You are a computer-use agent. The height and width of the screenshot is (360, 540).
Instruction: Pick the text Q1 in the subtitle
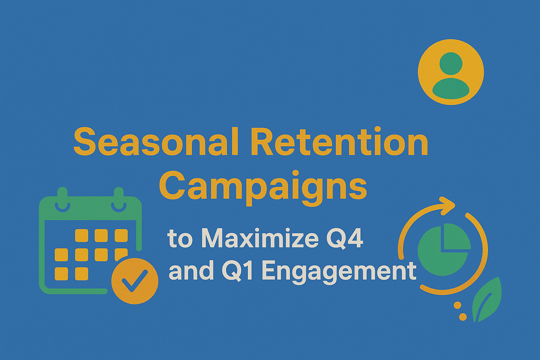tap(237, 271)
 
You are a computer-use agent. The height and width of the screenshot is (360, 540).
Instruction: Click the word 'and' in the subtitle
tap(191, 271)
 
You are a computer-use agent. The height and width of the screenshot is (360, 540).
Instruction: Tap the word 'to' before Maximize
tap(180, 239)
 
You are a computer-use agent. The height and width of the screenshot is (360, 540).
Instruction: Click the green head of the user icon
tap(451, 63)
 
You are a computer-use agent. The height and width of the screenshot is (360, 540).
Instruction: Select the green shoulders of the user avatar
tap(451, 88)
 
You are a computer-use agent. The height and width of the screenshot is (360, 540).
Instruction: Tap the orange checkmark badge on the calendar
tap(135, 281)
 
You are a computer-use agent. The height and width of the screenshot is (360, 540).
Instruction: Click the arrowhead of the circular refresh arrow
tap(447, 206)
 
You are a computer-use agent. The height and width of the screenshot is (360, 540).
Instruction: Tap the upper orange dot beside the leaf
tap(457, 305)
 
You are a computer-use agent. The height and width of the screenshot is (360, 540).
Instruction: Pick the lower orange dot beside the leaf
tap(463, 317)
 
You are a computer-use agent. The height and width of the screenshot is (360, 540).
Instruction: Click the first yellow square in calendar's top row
tap(82, 235)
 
